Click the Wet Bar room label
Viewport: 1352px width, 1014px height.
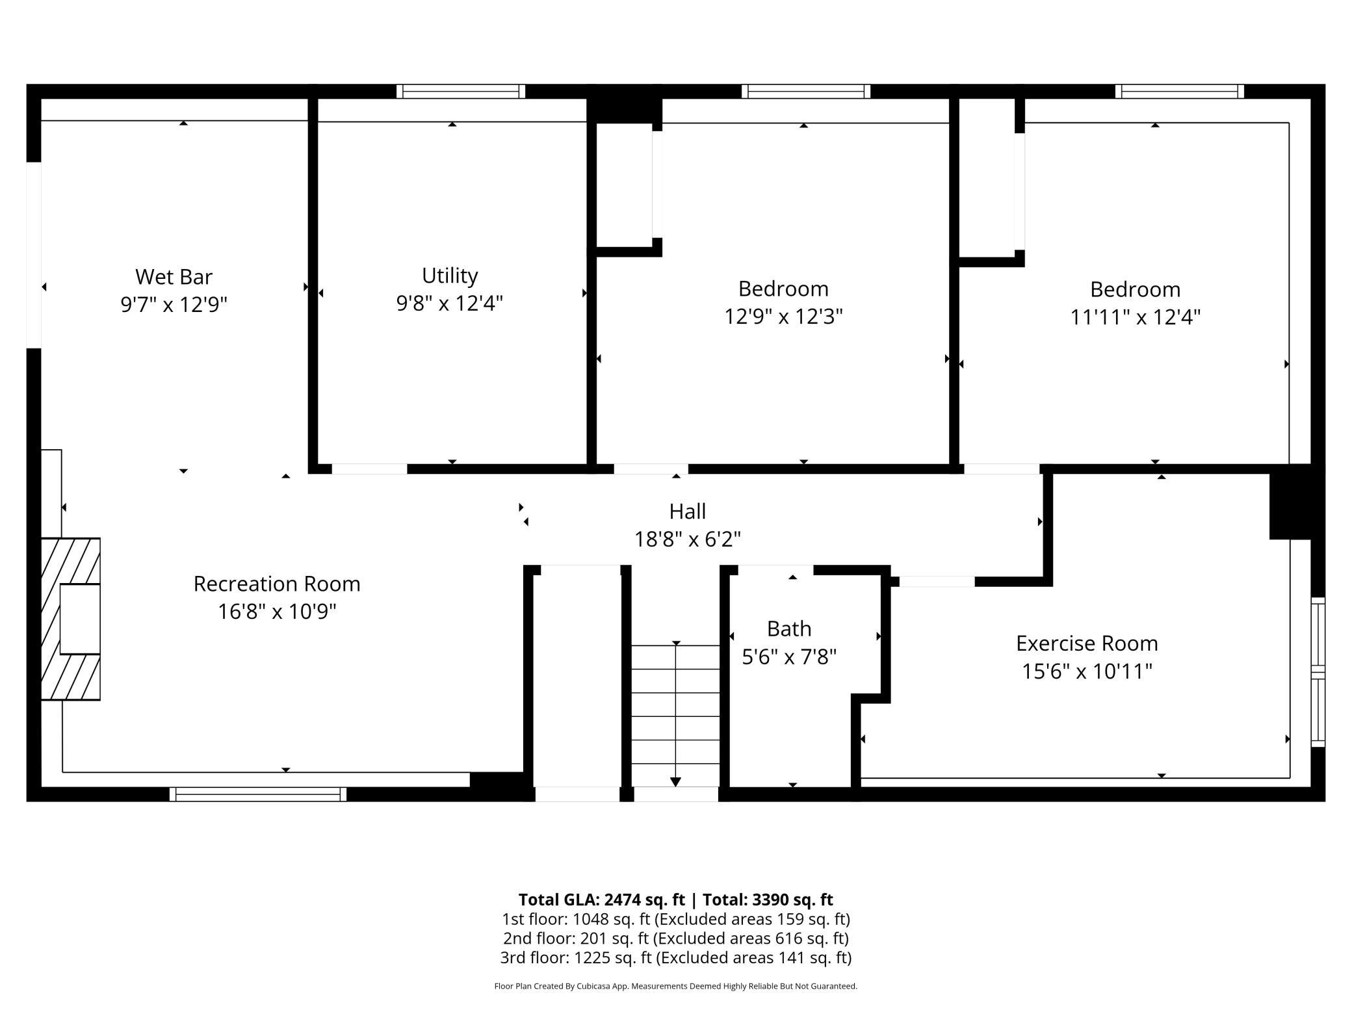pos(174,277)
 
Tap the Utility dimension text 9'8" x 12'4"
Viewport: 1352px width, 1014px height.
pos(450,303)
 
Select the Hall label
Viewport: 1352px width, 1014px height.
pos(688,512)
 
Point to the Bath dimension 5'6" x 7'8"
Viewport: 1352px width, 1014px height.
pos(789,657)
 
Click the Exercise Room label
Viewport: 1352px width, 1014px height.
pos(1087,643)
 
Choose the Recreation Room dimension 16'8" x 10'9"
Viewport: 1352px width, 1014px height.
pos(277,612)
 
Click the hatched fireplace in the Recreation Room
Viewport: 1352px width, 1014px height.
pos(71,619)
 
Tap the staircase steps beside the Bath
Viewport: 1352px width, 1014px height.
pos(675,715)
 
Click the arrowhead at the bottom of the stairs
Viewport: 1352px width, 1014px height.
pos(676,782)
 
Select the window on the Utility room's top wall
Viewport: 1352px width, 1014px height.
pos(461,91)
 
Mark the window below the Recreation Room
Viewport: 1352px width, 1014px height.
pos(258,794)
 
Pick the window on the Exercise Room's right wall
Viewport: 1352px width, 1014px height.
pos(1318,672)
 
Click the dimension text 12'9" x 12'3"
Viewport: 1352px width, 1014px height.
pos(783,317)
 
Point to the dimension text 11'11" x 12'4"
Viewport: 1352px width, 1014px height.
pos(1135,317)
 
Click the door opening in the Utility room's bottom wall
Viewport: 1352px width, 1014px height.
pos(369,469)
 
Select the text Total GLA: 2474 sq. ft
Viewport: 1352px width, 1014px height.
pos(602,900)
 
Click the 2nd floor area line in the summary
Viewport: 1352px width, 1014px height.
pos(676,939)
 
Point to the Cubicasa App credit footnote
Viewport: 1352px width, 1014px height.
pos(676,986)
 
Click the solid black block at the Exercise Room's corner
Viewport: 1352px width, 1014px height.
pos(1296,502)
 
